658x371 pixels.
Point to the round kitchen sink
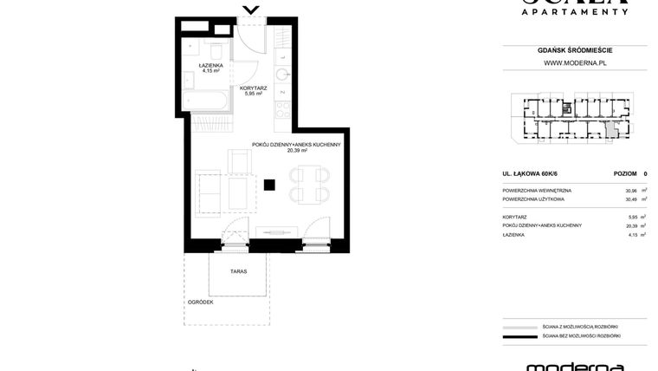(x=283, y=73)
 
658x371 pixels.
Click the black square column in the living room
(x=270, y=184)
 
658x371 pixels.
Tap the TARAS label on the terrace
(x=238, y=271)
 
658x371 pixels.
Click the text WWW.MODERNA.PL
(x=574, y=62)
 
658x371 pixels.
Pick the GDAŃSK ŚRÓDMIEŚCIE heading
(x=574, y=50)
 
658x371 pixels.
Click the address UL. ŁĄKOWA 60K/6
(x=529, y=174)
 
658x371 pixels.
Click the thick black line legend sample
(x=517, y=335)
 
